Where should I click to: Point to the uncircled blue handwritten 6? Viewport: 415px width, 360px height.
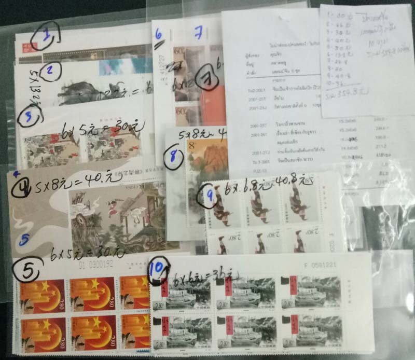click(x=158, y=34)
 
